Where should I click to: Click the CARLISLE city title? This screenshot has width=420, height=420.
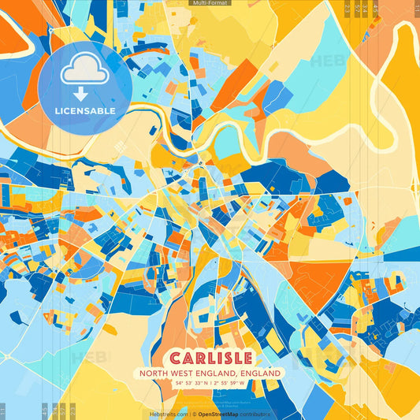tap(210, 357)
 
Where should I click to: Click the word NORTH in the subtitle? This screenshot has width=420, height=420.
tap(155, 373)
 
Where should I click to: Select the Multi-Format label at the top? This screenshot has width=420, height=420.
tap(210, 3)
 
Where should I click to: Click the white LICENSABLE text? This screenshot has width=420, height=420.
tap(85, 110)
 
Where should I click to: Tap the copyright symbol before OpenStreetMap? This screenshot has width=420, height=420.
tap(194, 414)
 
